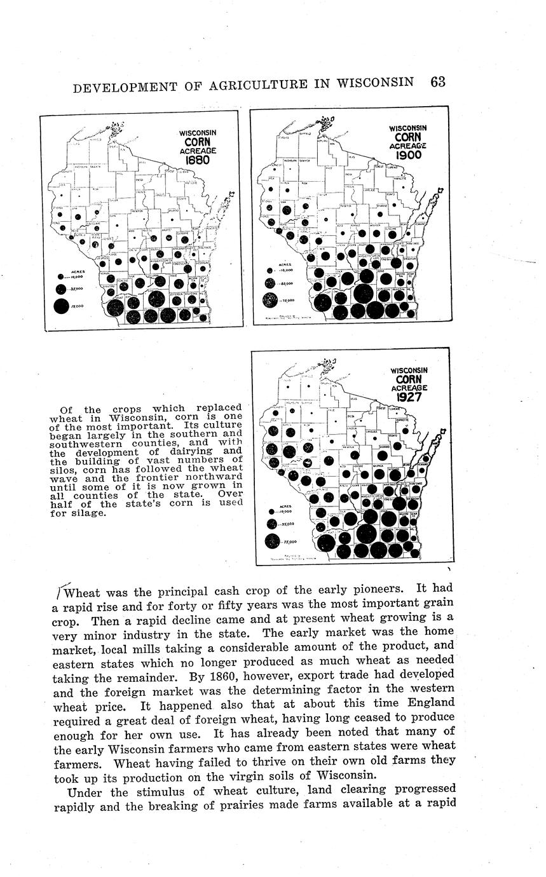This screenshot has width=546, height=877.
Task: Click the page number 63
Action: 438,83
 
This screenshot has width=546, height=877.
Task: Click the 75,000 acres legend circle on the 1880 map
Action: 61,306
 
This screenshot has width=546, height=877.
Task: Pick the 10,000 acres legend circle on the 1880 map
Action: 60,277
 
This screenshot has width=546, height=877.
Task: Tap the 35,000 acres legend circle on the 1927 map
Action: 273,524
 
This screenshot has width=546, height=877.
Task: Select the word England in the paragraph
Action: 427,704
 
